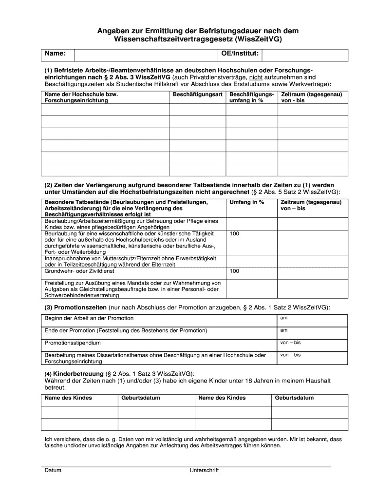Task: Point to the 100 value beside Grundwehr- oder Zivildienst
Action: pos(234,271)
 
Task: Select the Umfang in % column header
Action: pos(246,202)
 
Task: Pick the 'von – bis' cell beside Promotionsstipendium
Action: pos(290,342)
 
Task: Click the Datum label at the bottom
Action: pos(53,470)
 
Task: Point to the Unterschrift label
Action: pos(204,470)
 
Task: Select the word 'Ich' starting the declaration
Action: pos(48,439)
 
